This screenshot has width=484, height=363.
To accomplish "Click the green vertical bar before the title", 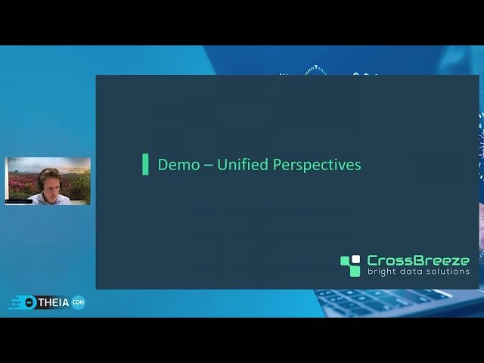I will click(x=145, y=164).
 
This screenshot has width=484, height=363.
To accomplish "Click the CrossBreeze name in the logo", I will click(x=417, y=260).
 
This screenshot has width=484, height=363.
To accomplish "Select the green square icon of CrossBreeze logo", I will click(x=350, y=265).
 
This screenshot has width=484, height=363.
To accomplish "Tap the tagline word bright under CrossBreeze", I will click(x=384, y=271).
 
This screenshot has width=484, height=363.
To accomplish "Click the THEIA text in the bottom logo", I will click(x=53, y=302).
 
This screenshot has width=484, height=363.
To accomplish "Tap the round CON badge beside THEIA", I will click(x=78, y=302).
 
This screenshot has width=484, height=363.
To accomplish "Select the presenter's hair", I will click(x=48, y=174).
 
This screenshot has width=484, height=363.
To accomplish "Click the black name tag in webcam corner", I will click(x=19, y=202).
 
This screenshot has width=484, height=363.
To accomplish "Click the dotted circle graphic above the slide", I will click(x=315, y=70).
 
